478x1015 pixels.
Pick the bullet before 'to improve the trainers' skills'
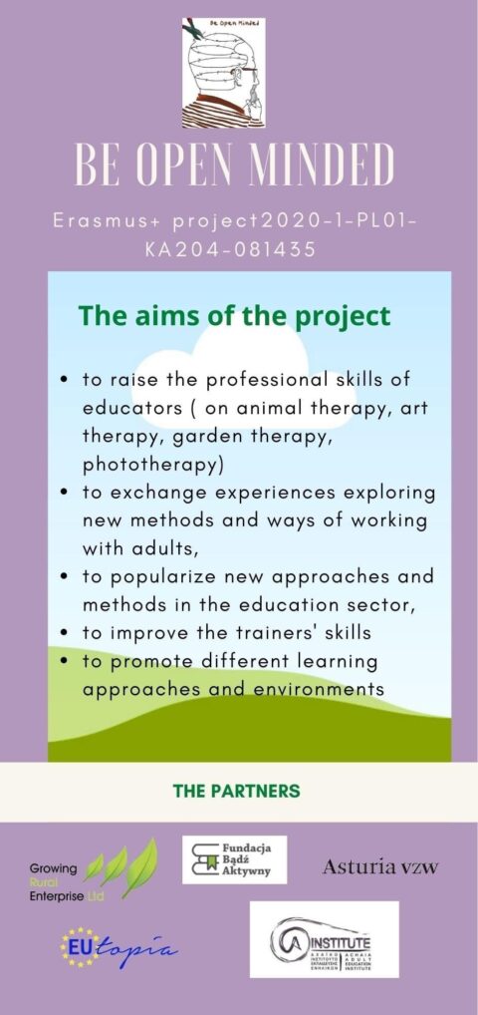[x=65, y=632]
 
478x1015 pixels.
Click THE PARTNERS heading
[x=236, y=791]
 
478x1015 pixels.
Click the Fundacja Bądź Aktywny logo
[x=234, y=859]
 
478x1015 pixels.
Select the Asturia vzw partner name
[x=379, y=867]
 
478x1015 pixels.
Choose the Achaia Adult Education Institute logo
[x=324, y=939]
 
